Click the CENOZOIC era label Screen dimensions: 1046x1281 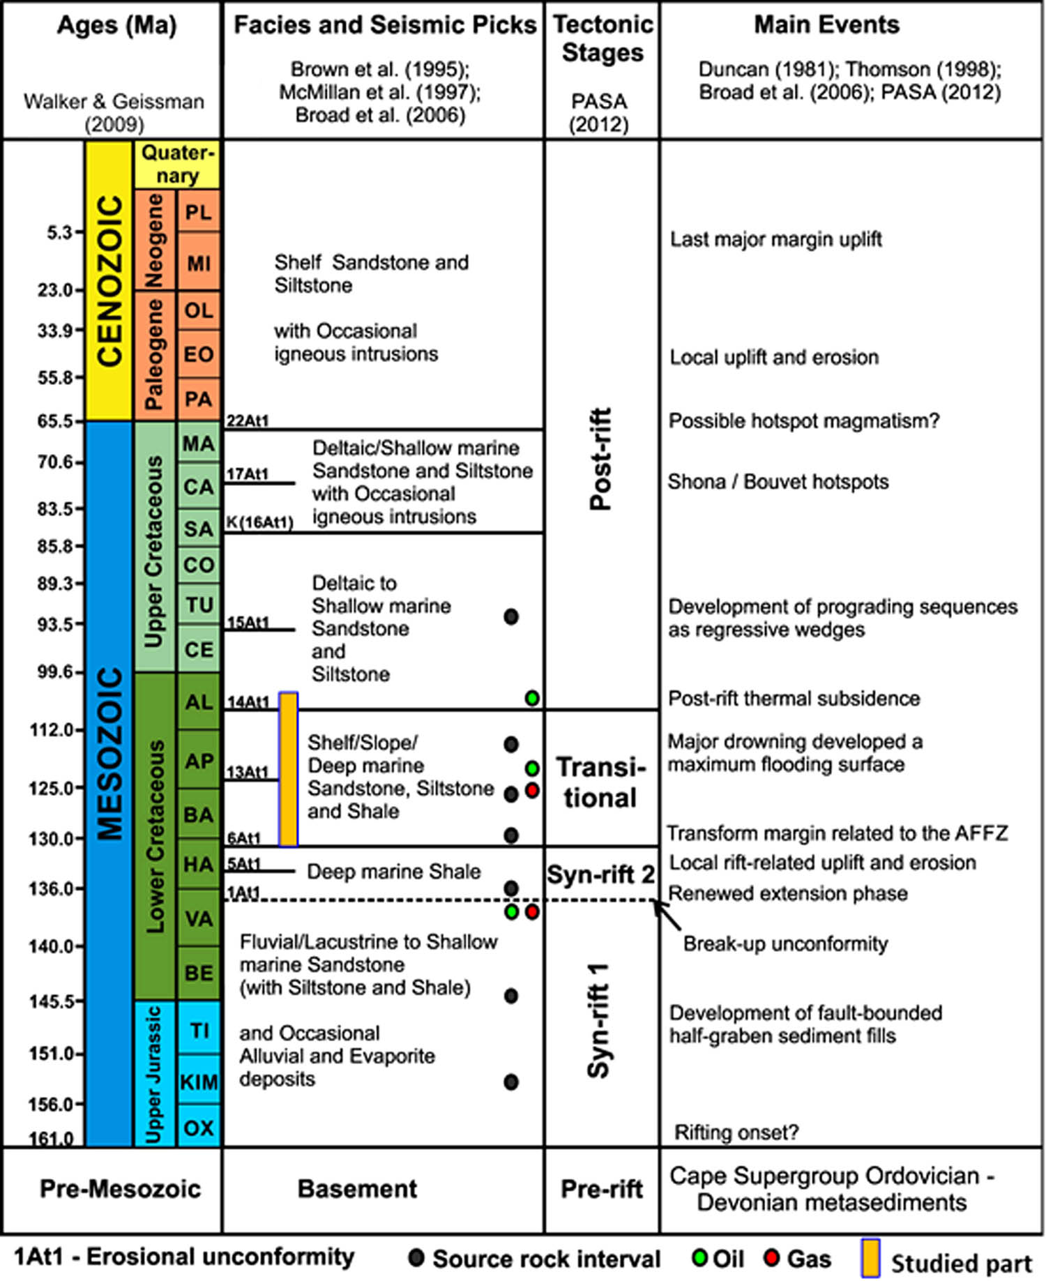click(109, 280)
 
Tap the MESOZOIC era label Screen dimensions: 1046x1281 click(109, 754)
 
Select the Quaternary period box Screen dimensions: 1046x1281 click(177, 165)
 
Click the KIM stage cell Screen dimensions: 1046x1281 click(199, 1082)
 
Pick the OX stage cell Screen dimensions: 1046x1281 click(199, 1127)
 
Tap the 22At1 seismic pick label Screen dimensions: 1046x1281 click(248, 420)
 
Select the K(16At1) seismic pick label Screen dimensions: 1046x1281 click(259, 522)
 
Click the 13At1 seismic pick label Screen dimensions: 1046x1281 click(248, 772)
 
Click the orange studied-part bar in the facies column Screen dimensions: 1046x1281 click(289, 769)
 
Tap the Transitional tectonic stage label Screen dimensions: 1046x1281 click(600, 782)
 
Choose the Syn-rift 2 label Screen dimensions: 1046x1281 click(600, 874)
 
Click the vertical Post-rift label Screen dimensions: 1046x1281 click(600, 459)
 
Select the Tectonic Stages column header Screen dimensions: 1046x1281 click(602, 38)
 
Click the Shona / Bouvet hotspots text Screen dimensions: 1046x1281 click(778, 482)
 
